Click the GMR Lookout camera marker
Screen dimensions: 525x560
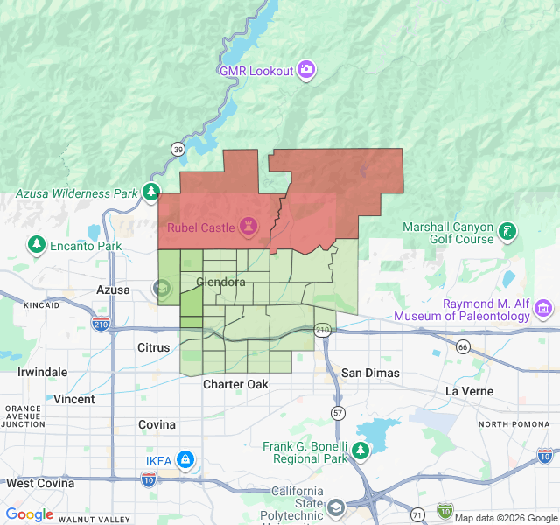coord(305,70)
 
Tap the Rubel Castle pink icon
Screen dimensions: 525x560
coord(248,228)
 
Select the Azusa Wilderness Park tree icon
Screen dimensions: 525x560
coord(152,192)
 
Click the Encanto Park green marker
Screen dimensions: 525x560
coord(36,246)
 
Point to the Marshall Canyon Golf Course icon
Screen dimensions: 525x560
coord(507,233)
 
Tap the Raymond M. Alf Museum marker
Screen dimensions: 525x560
coord(543,308)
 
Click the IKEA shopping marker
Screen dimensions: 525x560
coord(185,460)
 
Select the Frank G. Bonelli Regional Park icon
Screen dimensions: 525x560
coord(360,451)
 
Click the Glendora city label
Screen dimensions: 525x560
coord(220,282)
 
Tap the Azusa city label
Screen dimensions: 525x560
coord(113,290)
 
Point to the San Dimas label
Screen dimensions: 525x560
coord(370,373)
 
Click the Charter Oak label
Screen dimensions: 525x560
coord(235,384)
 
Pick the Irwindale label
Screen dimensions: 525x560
coord(42,372)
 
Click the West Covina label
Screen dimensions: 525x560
coord(41,483)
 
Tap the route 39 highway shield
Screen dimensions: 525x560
coord(178,150)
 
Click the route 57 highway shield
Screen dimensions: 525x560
coord(338,412)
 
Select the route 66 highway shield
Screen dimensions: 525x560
coord(463,348)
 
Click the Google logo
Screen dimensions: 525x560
coord(29,514)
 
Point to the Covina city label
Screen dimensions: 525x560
coord(157,424)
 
